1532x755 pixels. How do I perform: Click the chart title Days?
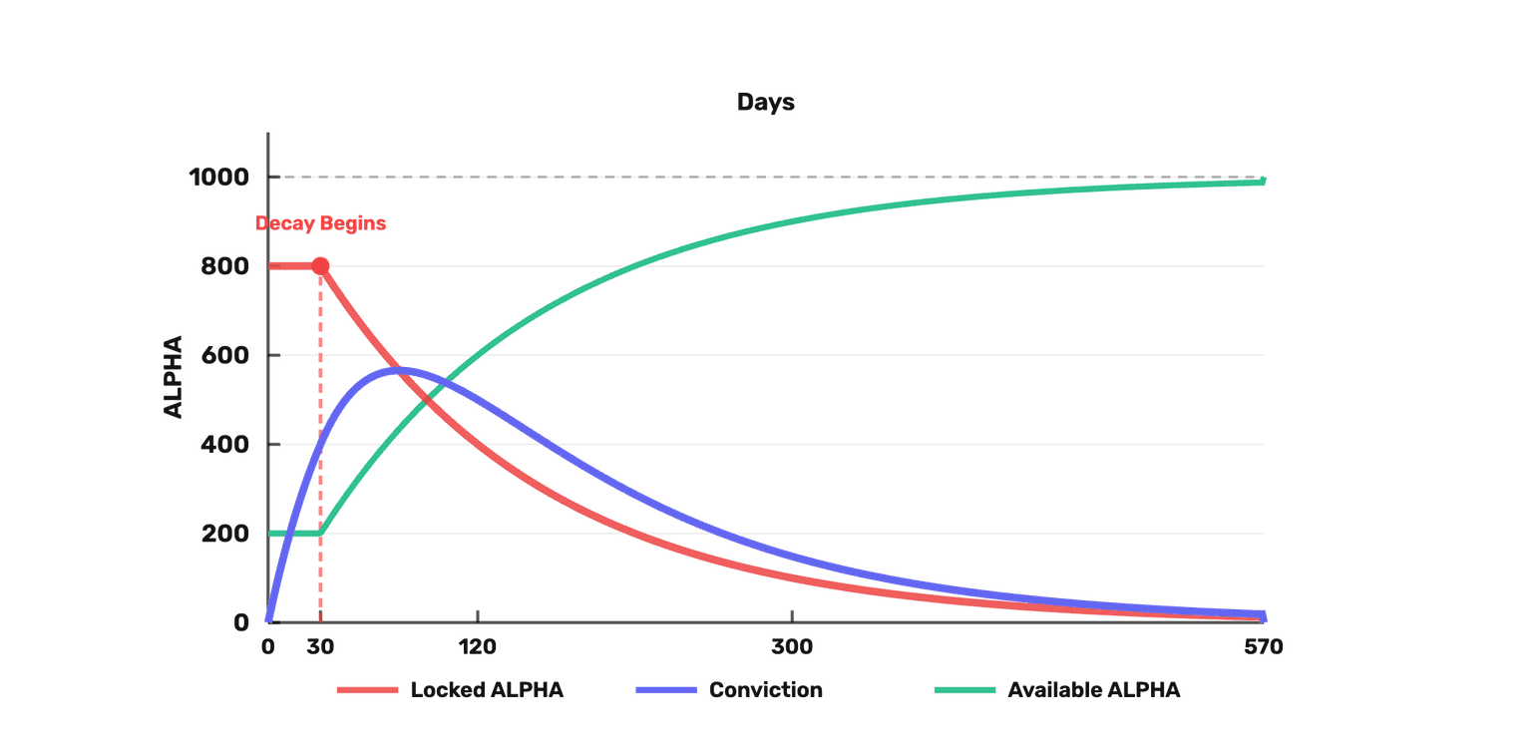(765, 103)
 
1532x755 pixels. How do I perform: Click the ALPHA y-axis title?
(173, 377)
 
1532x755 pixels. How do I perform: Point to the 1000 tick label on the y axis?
(218, 178)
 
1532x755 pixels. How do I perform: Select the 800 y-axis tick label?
(225, 266)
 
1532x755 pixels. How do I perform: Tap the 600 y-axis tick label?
(225, 356)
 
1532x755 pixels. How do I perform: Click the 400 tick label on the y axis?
(225, 445)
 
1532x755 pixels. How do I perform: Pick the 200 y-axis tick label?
(225, 534)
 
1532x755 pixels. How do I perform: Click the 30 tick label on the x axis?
(320, 647)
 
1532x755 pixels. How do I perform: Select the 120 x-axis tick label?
(478, 647)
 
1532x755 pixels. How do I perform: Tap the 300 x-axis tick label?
(792, 647)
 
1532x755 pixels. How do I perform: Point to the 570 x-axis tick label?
(1264, 647)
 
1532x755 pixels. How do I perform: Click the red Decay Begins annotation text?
(320, 223)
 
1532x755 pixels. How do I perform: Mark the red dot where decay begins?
(320, 266)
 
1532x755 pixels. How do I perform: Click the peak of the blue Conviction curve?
(399, 371)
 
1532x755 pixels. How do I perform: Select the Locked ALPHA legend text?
(487, 690)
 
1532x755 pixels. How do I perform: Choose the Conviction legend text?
(766, 690)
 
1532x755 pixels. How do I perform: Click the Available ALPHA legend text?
(1094, 690)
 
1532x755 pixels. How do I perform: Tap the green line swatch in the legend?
(965, 690)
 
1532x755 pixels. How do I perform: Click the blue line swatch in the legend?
(666, 690)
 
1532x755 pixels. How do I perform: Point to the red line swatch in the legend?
(367, 690)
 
